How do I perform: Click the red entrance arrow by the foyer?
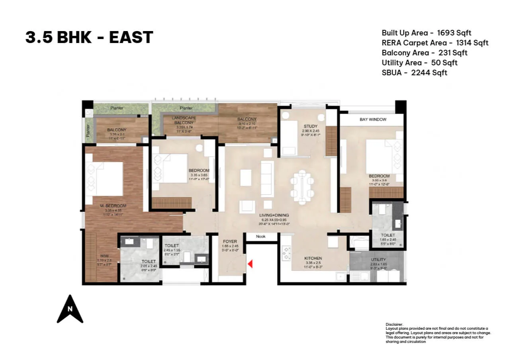pyautogui.click(x=250, y=264)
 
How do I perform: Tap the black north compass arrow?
pyautogui.click(x=70, y=309)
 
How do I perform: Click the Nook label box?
pyautogui.click(x=260, y=237)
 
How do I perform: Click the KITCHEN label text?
pyautogui.click(x=313, y=258)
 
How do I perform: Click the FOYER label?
pyautogui.click(x=230, y=242)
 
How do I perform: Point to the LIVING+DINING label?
pyautogui.click(x=274, y=215)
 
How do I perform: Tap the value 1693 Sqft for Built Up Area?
pyautogui.click(x=454, y=33)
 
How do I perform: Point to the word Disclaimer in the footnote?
pyautogui.click(x=394, y=325)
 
